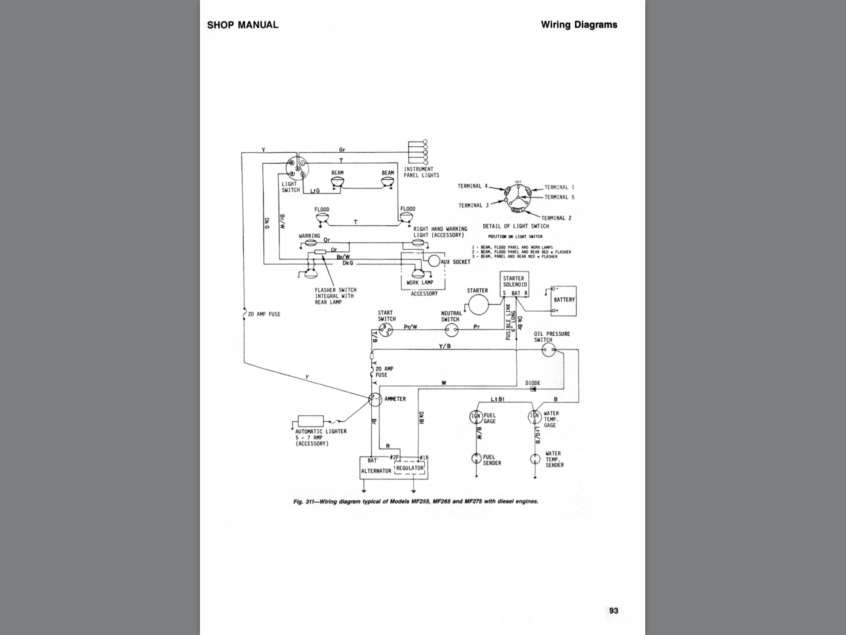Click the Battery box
point(563,301)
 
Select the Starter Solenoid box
point(515,284)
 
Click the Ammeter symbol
point(375,399)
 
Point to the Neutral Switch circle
point(452,330)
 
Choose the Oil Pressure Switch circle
point(549,351)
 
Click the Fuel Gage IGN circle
point(476,417)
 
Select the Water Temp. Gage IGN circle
point(535,417)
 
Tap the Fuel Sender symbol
point(477,458)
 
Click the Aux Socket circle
point(434,260)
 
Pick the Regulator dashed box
point(410,468)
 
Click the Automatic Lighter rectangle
point(311,421)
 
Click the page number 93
point(613,611)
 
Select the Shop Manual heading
point(242,25)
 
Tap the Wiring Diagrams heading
point(579,25)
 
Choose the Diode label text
point(532,383)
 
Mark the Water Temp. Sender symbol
point(535,459)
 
